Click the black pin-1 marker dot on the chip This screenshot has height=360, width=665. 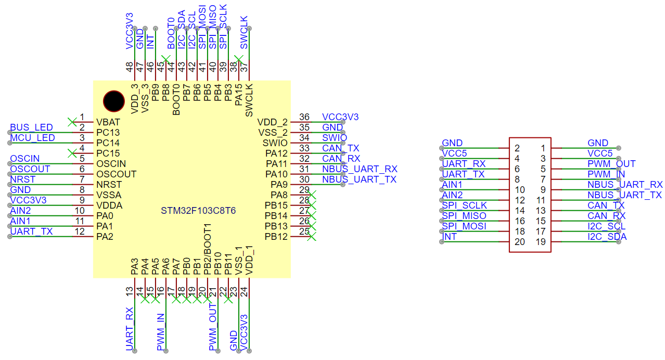(x=113, y=101)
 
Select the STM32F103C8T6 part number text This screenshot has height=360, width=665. (x=198, y=211)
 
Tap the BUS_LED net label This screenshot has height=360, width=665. (x=31, y=127)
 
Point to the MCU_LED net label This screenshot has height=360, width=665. (x=32, y=138)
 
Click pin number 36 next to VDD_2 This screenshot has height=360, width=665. (x=304, y=117)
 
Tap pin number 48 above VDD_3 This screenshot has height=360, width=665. (x=130, y=67)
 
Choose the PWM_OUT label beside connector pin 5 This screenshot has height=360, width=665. (x=611, y=164)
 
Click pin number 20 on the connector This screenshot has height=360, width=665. (x=519, y=242)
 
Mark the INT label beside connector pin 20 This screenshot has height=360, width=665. (x=450, y=237)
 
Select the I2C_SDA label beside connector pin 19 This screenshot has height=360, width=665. (x=607, y=237)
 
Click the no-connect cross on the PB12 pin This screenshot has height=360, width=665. (x=312, y=237)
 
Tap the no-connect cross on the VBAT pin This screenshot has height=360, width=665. (x=72, y=122)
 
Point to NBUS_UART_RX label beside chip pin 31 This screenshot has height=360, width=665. (x=360, y=169)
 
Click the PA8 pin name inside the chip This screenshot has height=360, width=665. (x=276, y=195)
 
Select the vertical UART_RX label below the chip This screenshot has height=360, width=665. (x=130, y=329)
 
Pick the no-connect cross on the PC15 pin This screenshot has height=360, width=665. (x=72, y=153)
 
